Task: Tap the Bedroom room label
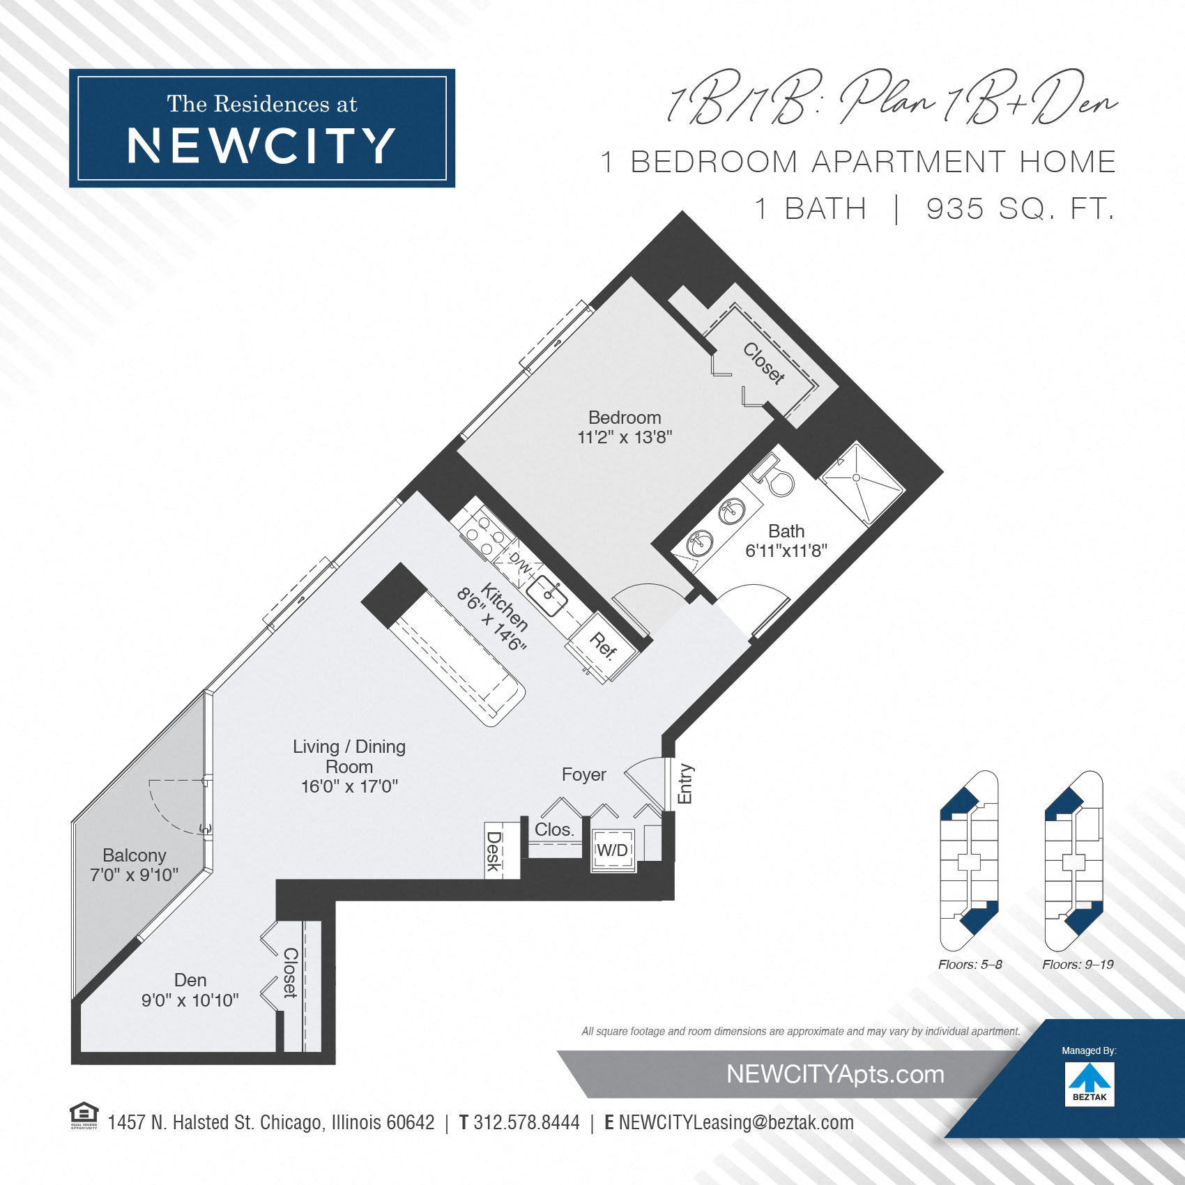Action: pyautogui.click(x=625, y=418)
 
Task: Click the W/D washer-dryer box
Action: pyautogui.click(x=613, y=850)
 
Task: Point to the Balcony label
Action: pyautogui.click(x=135, y=855)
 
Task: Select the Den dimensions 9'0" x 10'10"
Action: pyautogui.click(x=190, y=1000)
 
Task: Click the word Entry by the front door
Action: pyautogui.click(x=685, y=783)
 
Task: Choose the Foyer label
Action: pyautogui.click(x=584, y=774)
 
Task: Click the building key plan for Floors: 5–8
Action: pyautogui.click(x=970, y=860)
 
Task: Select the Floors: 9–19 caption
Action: pyautogui.click(x=1078, y=965)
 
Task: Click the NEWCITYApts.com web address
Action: pyautogui.click(x=835, y=1074)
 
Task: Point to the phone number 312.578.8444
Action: pyautogui.click(x=526, y=1122)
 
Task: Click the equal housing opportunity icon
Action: pyautogui.click(x=84, y=1115)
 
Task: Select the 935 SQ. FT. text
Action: pyautogui.click(x=1020, y=208)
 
